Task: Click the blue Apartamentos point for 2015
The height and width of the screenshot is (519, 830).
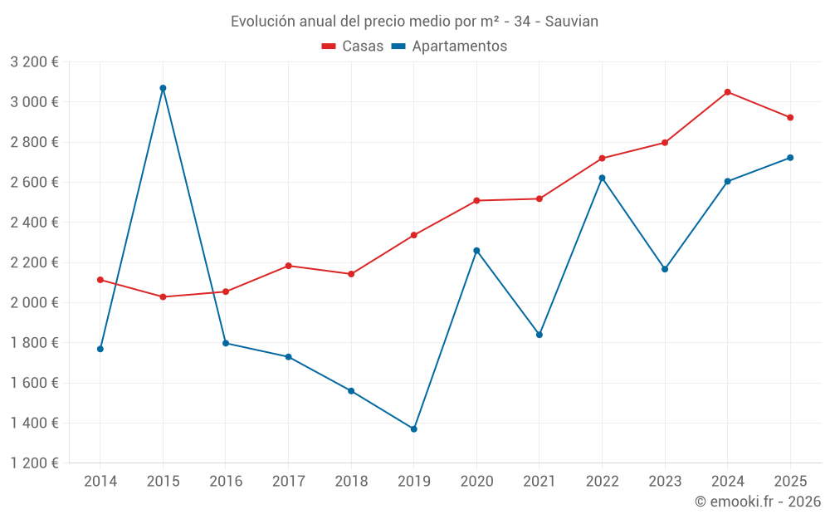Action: (x=163, y=88)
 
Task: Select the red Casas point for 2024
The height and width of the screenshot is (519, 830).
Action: (x=728, y=92)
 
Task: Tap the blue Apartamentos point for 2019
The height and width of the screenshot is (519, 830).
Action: (x=414, y=429)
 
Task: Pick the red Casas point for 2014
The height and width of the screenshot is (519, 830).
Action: (x=100, y=280)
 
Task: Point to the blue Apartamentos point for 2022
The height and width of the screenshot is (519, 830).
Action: (x=603, y=178)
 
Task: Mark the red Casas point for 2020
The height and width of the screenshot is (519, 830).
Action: (x=476, y=200)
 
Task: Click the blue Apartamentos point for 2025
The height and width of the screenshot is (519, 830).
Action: (x=790, y=158)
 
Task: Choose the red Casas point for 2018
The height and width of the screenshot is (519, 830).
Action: (x=351, y=274)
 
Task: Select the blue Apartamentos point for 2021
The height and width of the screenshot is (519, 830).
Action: (x=539, y=335)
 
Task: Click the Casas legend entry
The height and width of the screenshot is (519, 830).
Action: (x=353, y=47)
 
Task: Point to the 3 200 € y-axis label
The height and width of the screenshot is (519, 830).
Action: (x=34, y=62)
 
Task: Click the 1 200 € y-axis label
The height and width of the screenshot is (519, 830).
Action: (x=34, y=463)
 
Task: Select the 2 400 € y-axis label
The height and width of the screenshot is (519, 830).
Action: (x=34, y=223)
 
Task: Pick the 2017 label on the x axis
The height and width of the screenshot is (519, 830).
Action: (x=288, y=481)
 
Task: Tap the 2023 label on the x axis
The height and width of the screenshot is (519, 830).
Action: (x=665, y=481)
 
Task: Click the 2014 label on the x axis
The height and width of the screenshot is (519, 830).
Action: (x=100, y=481)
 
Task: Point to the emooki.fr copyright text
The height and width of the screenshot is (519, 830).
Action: (x=757, y=502)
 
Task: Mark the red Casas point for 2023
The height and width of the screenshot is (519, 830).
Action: (x=665, y=143)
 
